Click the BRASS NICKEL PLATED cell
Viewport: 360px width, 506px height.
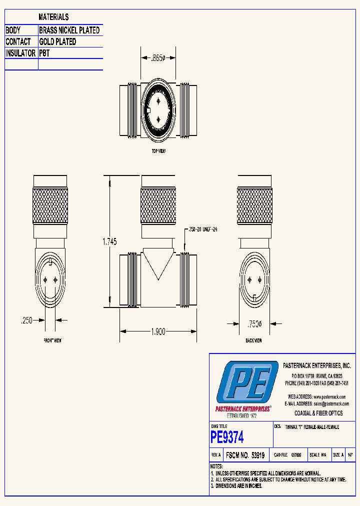[69, 30]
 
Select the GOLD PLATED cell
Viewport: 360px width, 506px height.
[58, 42]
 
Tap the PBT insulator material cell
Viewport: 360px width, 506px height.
[44, 53]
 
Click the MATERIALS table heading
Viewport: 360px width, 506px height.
[53, 17]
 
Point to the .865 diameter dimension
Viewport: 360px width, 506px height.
[157, 58]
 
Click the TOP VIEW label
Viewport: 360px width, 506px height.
[158, 150]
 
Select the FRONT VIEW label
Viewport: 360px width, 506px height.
[52, 340]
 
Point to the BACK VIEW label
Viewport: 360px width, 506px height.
[253, 340]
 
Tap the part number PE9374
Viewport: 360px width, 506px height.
[227, 437]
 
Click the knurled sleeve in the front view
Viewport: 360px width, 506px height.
[49, 206]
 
